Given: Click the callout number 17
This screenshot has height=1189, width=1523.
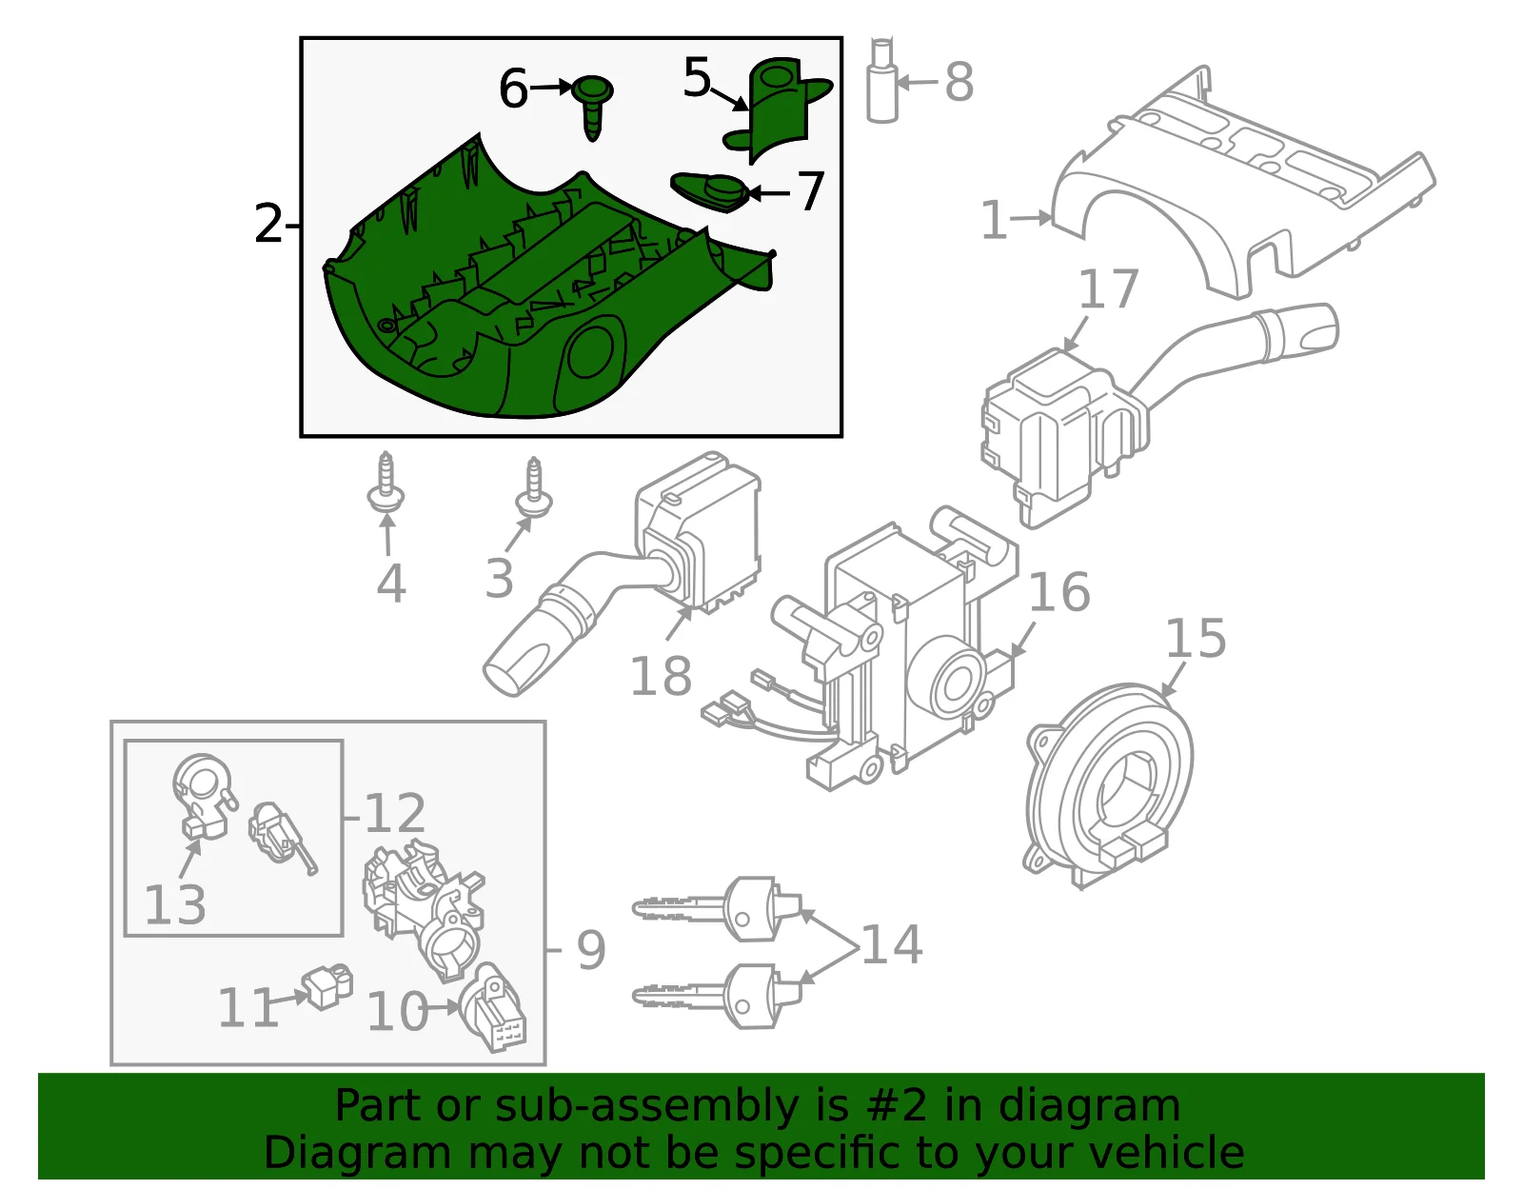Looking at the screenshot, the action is coord(1108,289).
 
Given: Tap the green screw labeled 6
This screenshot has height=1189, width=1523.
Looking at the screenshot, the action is coord(592,105).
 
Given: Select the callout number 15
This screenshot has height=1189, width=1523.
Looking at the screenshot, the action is coord(1196,639).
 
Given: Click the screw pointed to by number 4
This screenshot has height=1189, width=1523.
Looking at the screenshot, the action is coord(386,485).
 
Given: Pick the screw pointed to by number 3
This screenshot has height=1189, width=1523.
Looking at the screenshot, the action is coord(534,487).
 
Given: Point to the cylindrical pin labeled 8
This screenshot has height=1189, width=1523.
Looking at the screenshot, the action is coord(882,81).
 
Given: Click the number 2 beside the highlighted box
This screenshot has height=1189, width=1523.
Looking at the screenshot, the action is coord(268,225).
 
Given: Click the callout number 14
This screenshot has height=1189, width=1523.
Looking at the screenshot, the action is coord(892,943).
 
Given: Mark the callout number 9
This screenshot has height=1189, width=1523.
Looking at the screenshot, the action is coord(591,950).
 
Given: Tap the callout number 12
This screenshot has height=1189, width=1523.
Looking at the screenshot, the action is coord(395,814).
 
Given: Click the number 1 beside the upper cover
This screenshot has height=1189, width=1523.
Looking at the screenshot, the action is coord(994,221).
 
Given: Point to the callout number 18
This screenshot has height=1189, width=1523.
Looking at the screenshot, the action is coord(661,676).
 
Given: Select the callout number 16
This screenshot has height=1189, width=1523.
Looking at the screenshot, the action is coord(1059,592).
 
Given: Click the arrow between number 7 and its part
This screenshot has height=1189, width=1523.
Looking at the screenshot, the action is coord(769,192).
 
